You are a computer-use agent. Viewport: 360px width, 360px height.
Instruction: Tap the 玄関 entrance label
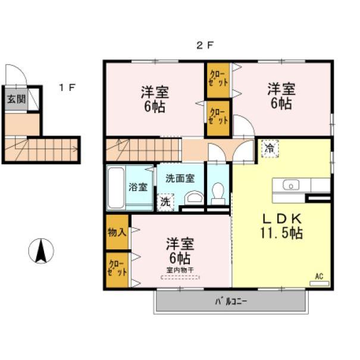[17, 99]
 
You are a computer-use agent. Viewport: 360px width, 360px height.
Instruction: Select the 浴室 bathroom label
[138, 187]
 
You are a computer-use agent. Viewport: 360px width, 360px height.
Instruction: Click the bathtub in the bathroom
[116, 187]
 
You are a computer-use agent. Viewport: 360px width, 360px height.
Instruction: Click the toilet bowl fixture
[218, 193]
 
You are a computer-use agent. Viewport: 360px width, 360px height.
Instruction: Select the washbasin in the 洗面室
[193, 198]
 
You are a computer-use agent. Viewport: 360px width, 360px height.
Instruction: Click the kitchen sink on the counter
[291, 185]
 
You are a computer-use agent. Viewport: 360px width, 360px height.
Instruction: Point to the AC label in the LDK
[319, 276]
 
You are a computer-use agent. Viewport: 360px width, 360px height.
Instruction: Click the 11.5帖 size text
[281, 233]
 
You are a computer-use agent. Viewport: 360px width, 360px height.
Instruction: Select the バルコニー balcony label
[231, 301]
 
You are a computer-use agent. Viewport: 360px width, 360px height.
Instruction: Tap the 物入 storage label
[117, 231]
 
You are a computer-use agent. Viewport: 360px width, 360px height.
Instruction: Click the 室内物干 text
[179, 270]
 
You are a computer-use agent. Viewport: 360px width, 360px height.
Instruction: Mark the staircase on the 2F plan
[143, 149]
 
